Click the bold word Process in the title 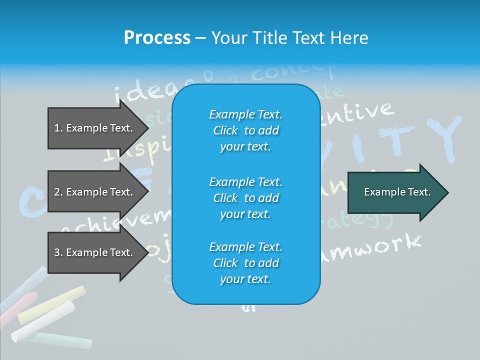click(x=157, y=38)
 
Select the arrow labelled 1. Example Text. click(x=93, y=128)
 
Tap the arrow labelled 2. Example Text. click(x=93, y=192)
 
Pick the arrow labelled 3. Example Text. click(x=93, y=252)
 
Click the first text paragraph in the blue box click(x=245, y=130)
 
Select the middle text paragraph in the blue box click(x=245, y=198)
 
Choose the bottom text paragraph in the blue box click(x=245, y=263)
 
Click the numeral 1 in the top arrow click(x=56, y=128)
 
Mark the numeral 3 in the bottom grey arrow click(x=57, y=252)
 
